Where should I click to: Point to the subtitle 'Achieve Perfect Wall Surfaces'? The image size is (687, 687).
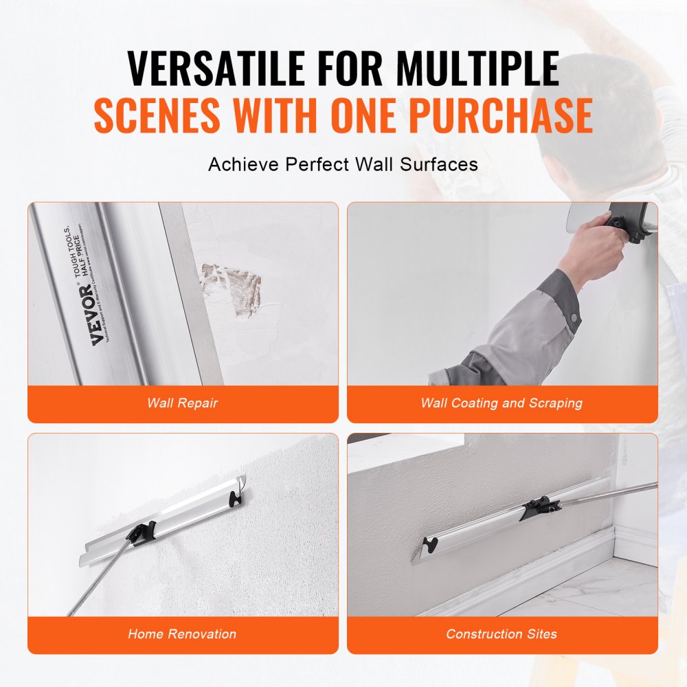point(343,165)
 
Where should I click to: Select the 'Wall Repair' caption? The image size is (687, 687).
point(182,403)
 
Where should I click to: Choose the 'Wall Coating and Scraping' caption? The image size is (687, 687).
point(502,403)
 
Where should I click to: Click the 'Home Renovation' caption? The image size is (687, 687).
point(182,634)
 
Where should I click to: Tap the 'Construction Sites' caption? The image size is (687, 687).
point(502,634)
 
